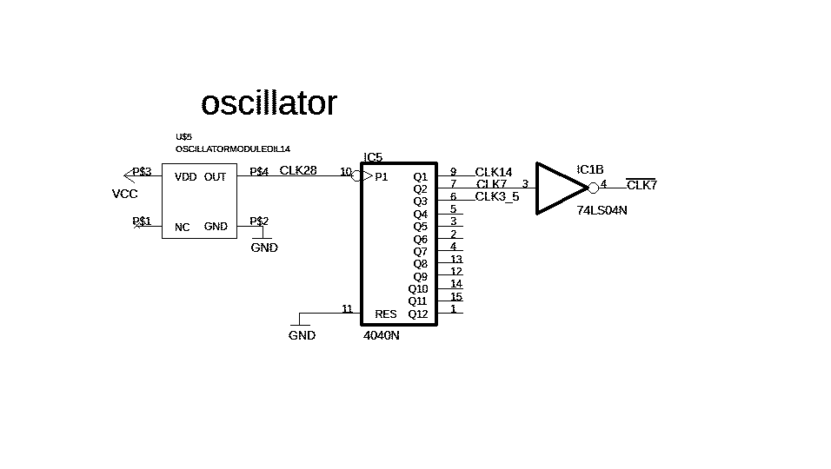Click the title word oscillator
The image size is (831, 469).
tap(269, 103)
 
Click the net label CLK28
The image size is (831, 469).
tap(298, 170)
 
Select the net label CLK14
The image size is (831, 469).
tap(494, 172)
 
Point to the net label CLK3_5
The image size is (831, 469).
tap(497, 196)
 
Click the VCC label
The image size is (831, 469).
tap(125, 194)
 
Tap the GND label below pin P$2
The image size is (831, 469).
tap(264, 248)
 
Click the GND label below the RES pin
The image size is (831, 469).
tap(302, 335)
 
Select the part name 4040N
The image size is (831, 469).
tap(382, 335)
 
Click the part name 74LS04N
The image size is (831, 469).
tap(602, 210)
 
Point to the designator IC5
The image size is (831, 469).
tap(373, 157)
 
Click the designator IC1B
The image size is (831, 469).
tap(590, 169)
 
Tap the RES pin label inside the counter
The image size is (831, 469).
tap(385, 314)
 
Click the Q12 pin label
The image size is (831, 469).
tap(418, 314)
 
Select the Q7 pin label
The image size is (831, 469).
tap(420, 251)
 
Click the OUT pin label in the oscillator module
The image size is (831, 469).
tap(215, 177)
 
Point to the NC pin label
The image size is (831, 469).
tap(182, 228)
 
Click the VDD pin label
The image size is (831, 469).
tap(185, 177)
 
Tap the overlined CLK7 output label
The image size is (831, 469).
tap(642, 185)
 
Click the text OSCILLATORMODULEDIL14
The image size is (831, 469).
tap(232, 149)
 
